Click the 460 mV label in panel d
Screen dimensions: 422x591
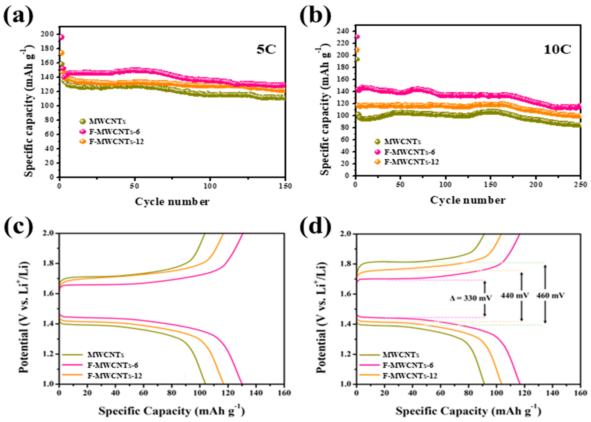click(550, 295)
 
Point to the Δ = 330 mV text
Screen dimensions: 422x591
click(471, 298)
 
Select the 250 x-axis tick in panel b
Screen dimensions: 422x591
click(581, 185)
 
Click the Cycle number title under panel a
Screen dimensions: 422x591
click(172, 202)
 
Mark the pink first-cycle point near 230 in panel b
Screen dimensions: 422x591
click(357, 37)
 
